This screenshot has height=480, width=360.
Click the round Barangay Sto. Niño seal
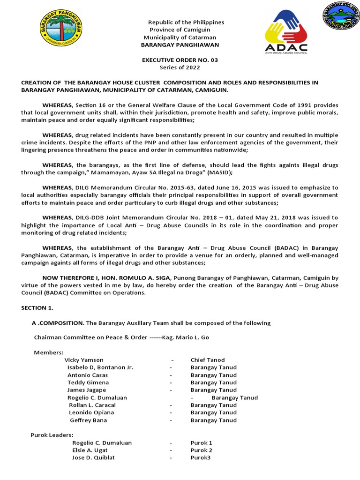tap(340, 17)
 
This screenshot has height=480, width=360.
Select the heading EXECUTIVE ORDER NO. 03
tap(180, 60)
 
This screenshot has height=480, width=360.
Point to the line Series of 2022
tap(180, 67)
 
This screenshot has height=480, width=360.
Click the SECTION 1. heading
tap(37, 308)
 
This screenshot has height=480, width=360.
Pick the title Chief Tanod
tap(208, 360)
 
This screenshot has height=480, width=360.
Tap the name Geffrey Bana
tap(89, 420)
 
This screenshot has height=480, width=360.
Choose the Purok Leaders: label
tap(52, 435)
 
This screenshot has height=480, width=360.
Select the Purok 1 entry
tap(202, 442)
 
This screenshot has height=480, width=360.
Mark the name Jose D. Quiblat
tap(93, 457)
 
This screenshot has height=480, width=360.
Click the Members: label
tap(49, 352)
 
